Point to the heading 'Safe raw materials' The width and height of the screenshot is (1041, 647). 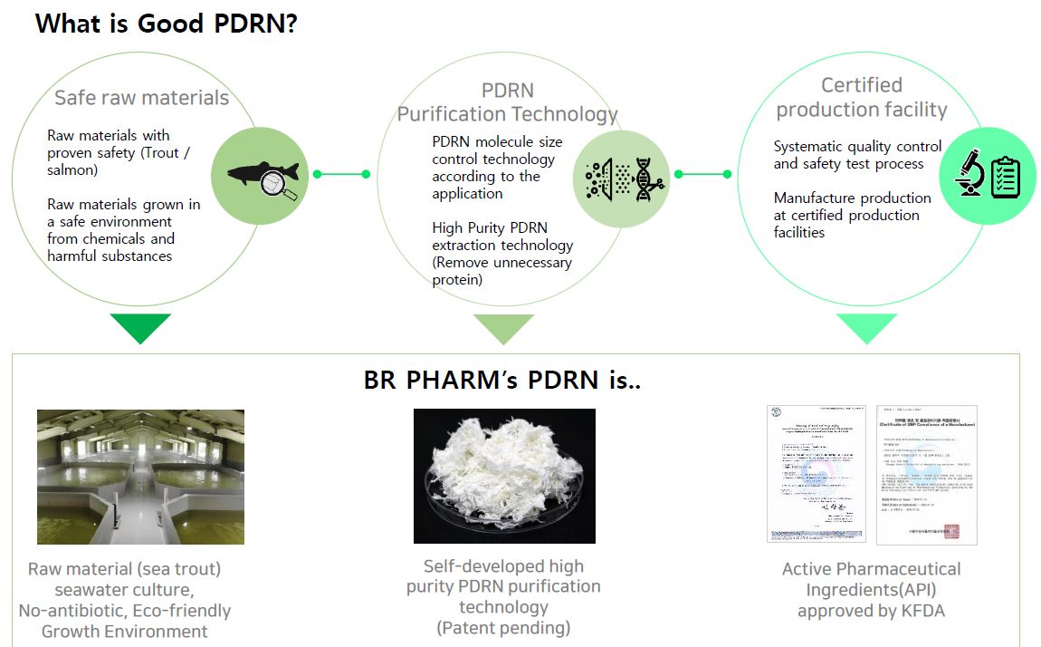[x=142, y=98]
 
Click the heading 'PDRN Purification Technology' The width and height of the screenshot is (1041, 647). [x=507, y=102]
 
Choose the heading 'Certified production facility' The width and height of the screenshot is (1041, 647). [x=862, y=97]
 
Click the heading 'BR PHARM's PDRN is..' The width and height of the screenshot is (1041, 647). [x=502, y=381]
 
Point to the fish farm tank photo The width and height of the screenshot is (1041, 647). [x=140, y=477]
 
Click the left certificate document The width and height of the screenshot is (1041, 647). [x=817, y=474]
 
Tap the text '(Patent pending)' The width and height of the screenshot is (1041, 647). [x=503, y=627]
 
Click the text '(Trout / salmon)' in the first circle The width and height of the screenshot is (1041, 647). [x=119, y=161]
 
